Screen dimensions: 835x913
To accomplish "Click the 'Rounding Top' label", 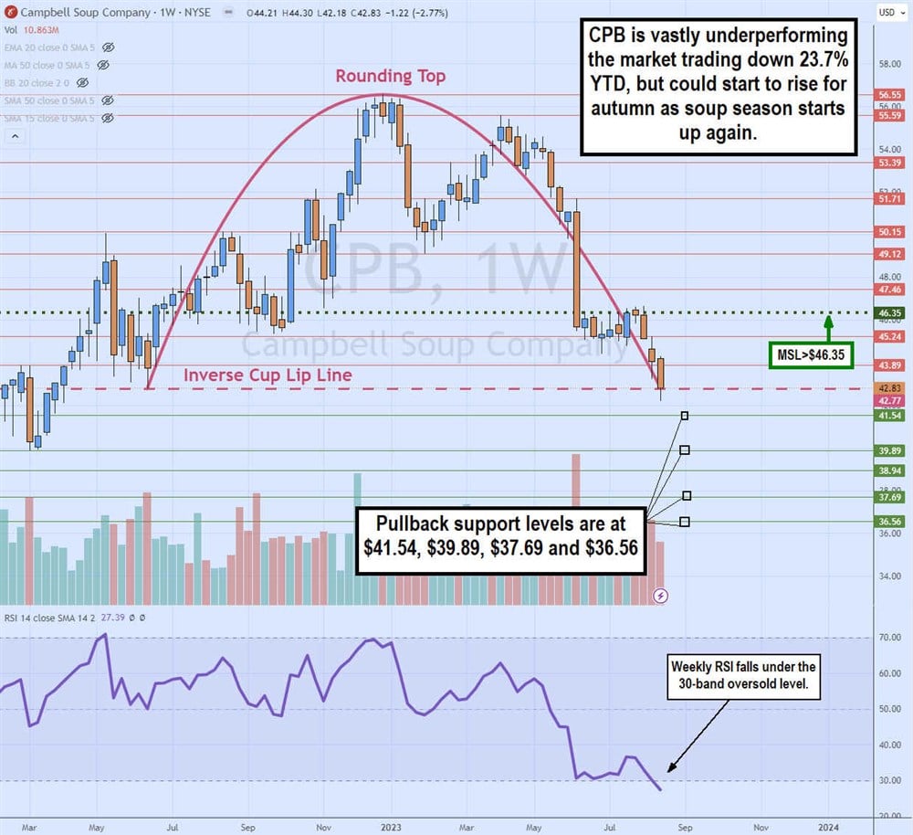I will (x=390, y=77).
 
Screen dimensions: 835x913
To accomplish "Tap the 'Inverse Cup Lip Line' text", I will (x=268, y=375).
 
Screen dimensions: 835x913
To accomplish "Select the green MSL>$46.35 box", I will (x=809, y=355).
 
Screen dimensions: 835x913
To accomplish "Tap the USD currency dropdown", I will (x=887, y=12).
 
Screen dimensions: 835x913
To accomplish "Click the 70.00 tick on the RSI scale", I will (x=889, y=638).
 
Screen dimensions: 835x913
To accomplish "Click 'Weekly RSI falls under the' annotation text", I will (x=744, y=667).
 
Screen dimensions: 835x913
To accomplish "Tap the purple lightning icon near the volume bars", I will (x=662, y=595).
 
